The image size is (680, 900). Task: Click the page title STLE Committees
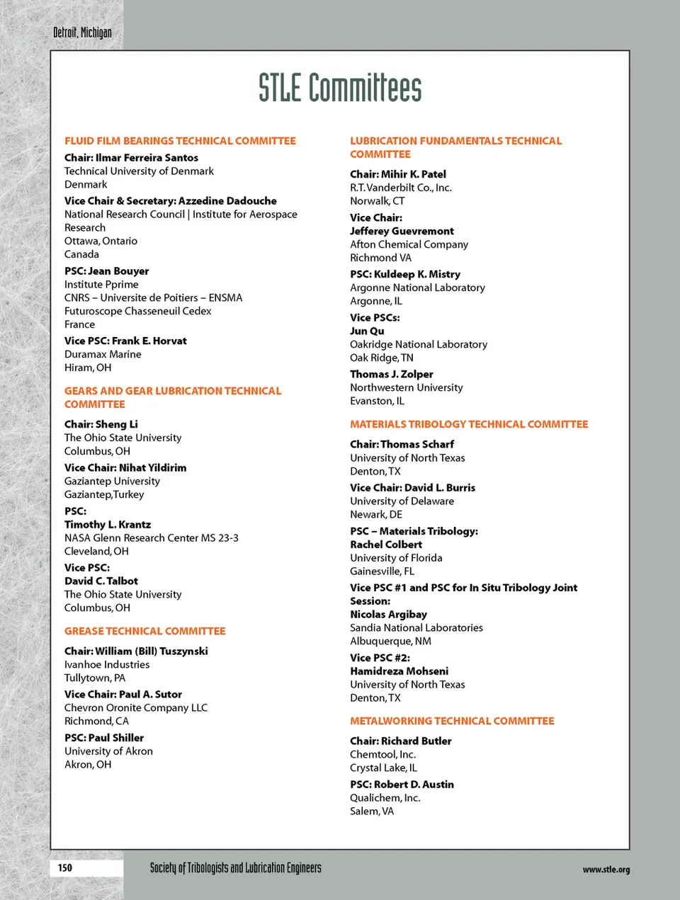[340, 88]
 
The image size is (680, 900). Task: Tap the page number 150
[65, 867]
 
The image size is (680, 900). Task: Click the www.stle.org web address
[606, 870]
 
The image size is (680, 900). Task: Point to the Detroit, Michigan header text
[82, 33]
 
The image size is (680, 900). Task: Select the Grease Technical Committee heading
[144, 631]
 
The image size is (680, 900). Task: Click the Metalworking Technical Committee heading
[452, 721]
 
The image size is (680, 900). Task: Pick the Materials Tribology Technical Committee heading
[469, 424]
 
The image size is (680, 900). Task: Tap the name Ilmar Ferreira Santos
[147, 157]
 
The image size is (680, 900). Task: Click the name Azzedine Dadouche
[227, 200]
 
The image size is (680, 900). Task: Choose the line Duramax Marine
[103, 354]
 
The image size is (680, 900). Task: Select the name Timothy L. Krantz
[108, 524]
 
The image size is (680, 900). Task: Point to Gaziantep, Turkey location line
[104, 494]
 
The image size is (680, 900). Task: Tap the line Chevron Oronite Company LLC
[136, 707]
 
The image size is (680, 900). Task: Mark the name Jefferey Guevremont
[402, 231]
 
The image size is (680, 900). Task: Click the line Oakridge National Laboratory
[419, 344]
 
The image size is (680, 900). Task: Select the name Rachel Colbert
[386, 545]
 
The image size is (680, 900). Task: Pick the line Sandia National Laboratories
[416, 627]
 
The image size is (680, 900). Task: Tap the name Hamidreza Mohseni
[399, 671]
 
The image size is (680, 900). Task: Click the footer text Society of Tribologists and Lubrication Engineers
[235, 867]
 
